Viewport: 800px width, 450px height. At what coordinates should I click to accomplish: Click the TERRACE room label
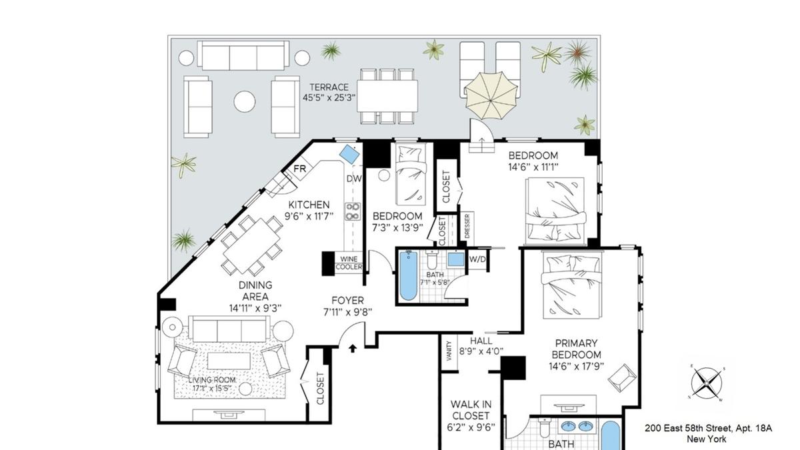(329, 87)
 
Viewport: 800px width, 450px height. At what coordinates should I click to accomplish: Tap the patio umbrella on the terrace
(491, 96)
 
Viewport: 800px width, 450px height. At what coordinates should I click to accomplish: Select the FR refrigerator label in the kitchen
(299, 169)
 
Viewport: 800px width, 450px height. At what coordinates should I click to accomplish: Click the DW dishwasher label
(354, 179)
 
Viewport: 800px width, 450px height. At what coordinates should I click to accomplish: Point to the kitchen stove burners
(353, 211)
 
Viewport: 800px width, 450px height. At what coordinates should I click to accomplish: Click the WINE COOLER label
(349, 263)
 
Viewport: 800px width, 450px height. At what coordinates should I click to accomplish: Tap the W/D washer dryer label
(477, 259)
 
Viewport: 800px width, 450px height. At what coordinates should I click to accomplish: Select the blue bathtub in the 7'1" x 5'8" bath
(408, 276)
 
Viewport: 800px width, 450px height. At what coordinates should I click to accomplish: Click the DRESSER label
(467, 226)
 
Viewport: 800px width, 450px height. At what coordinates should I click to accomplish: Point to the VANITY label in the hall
(449, 351)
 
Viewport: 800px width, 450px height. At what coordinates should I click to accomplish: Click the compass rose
(706, 383)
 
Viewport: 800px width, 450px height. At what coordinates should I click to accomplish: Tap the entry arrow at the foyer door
(353, 348)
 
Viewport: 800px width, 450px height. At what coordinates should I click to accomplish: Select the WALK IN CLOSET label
(471, 410)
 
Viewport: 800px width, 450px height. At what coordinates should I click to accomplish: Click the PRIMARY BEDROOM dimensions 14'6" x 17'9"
(576, 366)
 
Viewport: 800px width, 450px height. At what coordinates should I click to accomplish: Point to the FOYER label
(347, 301)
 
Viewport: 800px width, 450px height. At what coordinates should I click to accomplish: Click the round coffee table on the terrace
(245, 101)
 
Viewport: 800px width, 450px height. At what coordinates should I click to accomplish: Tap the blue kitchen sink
(349, 154)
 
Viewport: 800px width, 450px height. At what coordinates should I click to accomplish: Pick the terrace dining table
(387, 96)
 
